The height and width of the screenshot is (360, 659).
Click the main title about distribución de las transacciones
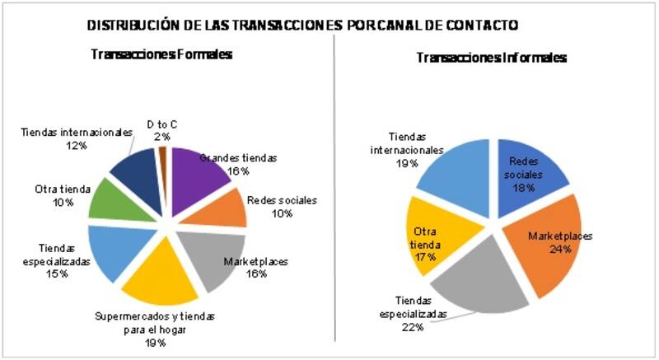click(302, 26)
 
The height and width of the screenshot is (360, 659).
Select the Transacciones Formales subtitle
click(161, 54)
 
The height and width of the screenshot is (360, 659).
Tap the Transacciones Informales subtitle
click(491, 58)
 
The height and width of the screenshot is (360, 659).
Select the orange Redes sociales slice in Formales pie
click(227, 208)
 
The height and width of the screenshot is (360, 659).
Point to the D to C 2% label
click(161, 130)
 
